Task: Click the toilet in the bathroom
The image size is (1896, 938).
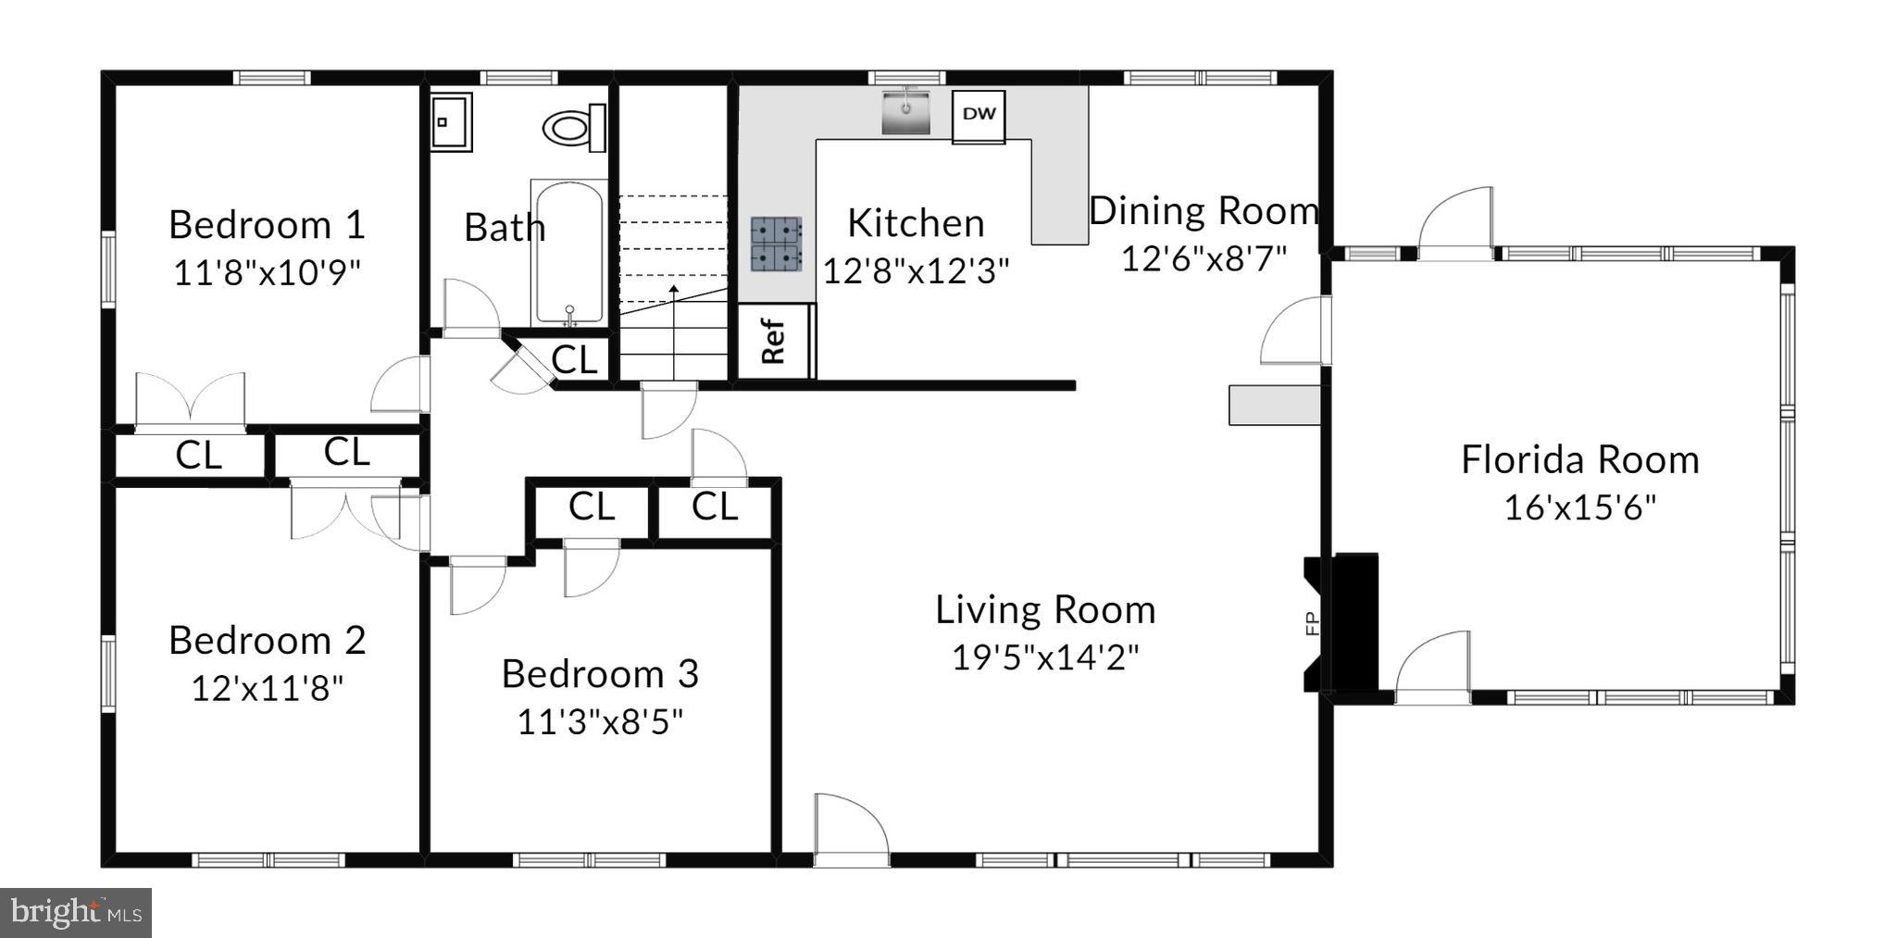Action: [x=571, y=128]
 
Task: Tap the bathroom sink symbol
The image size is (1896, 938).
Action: [x=451, y=121]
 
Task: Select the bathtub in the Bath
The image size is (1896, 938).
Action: [x=568, y=252]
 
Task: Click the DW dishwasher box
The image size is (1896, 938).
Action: [x=979, y=116]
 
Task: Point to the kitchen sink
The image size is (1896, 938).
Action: [x=904, y=111]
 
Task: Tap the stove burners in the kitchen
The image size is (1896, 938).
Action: [x=776, y=244]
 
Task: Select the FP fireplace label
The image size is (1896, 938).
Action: [x=1311, y=624]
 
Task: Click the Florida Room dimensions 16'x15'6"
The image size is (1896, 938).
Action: [x=1579, y=507]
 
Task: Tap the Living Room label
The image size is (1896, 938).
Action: [x=1045, y=610]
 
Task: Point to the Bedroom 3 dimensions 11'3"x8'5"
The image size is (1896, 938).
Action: [x=600, y=721]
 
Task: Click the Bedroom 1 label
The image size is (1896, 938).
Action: [x=267, y=225]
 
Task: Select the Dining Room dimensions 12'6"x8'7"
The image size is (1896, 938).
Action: [x=1204, y=258]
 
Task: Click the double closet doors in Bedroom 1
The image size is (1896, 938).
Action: [x=191, y=401]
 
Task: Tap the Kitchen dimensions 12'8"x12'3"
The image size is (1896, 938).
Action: [x=916, y=270]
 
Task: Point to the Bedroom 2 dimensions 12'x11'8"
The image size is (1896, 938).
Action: [x=267, y=688]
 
